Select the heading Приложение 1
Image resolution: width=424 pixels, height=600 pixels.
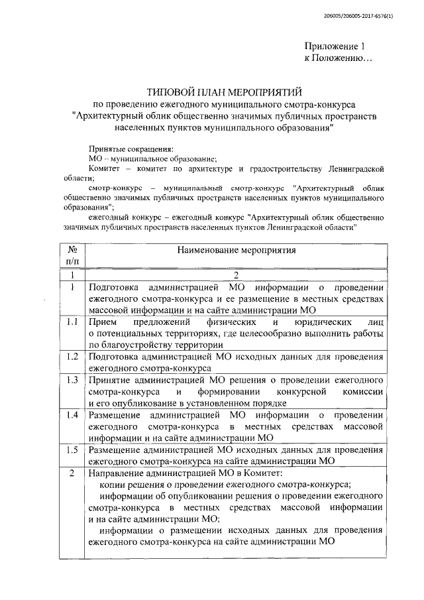point(335,46)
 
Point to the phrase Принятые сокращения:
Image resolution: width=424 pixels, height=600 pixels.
point(130,149)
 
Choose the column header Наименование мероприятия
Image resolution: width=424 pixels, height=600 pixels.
point(236,251)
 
